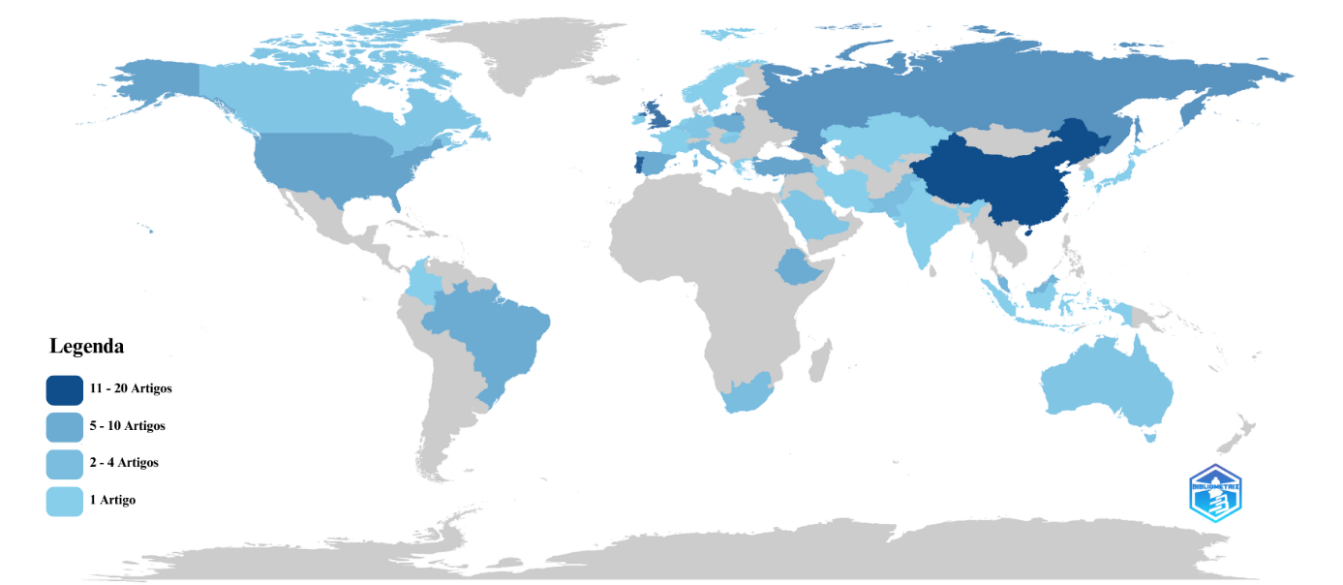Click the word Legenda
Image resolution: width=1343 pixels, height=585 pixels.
coord(86,346)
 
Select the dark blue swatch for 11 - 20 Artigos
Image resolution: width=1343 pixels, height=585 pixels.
coord(64,389)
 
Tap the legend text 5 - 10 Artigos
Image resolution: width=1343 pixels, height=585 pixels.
coord(127,426)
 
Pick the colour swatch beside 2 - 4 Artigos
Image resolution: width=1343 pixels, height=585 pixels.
coord(64,464)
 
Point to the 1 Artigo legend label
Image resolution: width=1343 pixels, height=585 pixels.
coord(112,501)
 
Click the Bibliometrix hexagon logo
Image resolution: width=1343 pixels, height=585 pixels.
coord(1214,493)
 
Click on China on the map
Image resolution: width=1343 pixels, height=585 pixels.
coord(997,184)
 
